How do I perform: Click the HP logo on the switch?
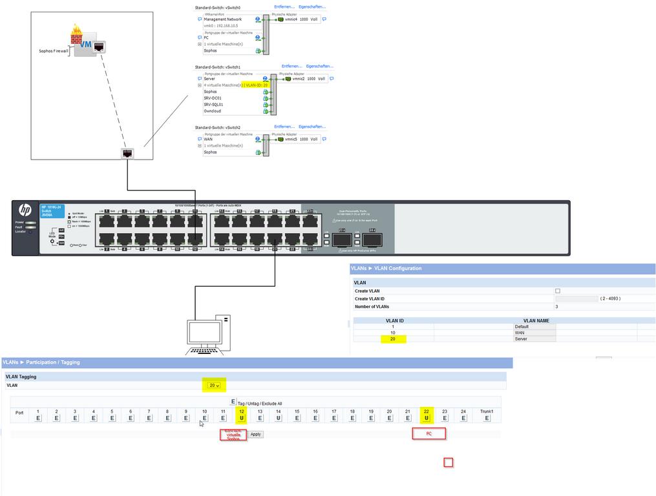pyautogui.click(x=25, y=210)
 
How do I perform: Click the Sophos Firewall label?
pyautogui.click(x=54, y=50)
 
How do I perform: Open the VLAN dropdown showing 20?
pyautogui.click(x=214, y=386)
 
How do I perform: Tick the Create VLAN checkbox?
pyautogui.click(x=558, y=291)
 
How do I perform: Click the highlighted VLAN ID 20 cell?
pyautogui.click(x=392, y=338)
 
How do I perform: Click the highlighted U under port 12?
pyautogui.click(x=242, y=418)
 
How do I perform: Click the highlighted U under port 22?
pyautogui.click(x=427, y=418)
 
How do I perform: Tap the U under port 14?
pyautogui.click(x=279, y=418)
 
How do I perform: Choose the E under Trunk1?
pyautogui.click(x=487, y=418)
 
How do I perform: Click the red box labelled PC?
pyautogui.click(x=429, y=433)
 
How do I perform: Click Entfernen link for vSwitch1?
pyautogui.click(x=291, y=66)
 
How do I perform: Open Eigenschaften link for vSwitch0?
pyautogui.click(x=312, y=6)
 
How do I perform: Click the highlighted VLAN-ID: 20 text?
pyautogui.click(x=257, y=85)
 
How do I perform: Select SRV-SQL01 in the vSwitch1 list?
pyautogui.click(x=213, y=105)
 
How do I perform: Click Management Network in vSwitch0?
pyautogui.click(x=223, y=19)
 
